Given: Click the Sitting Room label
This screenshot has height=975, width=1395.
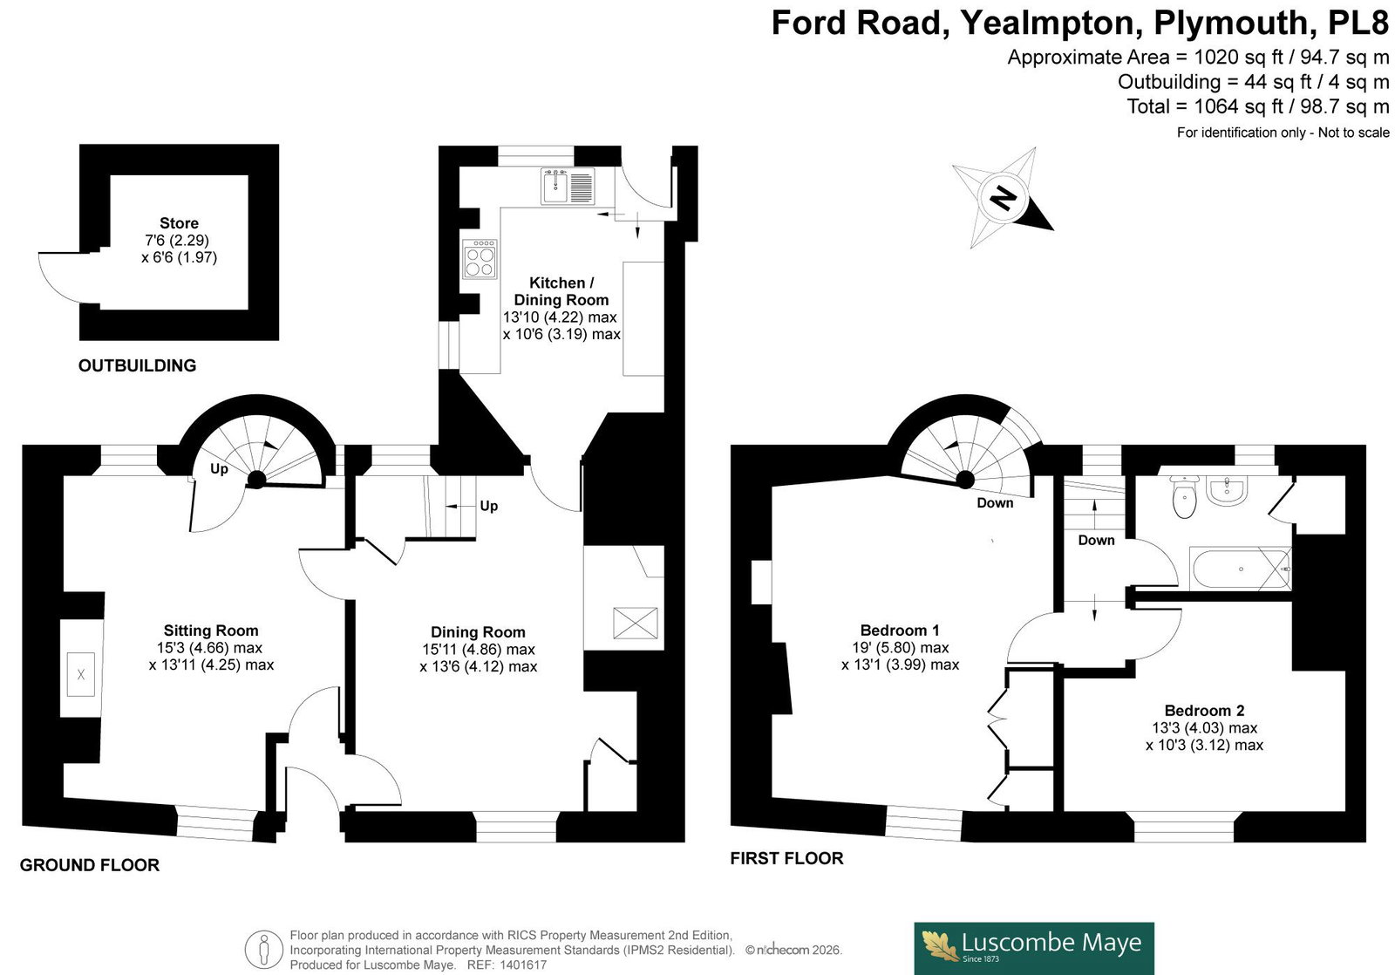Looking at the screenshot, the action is point(211,631).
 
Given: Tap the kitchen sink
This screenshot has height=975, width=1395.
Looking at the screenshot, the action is point(568,187).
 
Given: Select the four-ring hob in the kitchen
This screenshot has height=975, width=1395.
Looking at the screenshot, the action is point(480,259).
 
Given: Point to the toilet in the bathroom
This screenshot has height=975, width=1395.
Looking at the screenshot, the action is point(1184,497).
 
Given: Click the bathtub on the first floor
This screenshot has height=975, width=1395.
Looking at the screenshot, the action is point(1240,569).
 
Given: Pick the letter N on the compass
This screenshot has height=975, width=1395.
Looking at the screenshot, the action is point(1003,197).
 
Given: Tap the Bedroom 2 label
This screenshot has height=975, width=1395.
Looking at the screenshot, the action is point(1204,710).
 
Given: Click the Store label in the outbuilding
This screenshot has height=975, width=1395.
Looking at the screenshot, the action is point(180,223).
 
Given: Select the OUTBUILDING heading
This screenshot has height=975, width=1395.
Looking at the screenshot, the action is point(137,365).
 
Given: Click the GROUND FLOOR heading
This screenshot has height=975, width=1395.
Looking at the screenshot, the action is point(90,865).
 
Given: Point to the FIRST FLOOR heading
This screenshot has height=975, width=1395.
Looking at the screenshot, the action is point(786,858).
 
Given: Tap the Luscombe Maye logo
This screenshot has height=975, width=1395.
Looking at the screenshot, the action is point(1034,948).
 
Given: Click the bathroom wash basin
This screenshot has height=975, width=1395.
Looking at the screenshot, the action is point(1226,490).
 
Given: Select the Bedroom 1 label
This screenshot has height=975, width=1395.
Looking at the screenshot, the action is point(900,630).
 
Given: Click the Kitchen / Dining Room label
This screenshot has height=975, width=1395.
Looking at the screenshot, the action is point(561,291).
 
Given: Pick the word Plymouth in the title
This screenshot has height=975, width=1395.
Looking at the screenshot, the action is point(1230,23).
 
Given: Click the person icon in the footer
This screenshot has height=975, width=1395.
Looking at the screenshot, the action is point(264,950).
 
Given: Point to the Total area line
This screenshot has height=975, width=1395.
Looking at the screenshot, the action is point(1258,106).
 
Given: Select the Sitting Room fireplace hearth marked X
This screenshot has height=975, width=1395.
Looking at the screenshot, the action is point(81,674).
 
